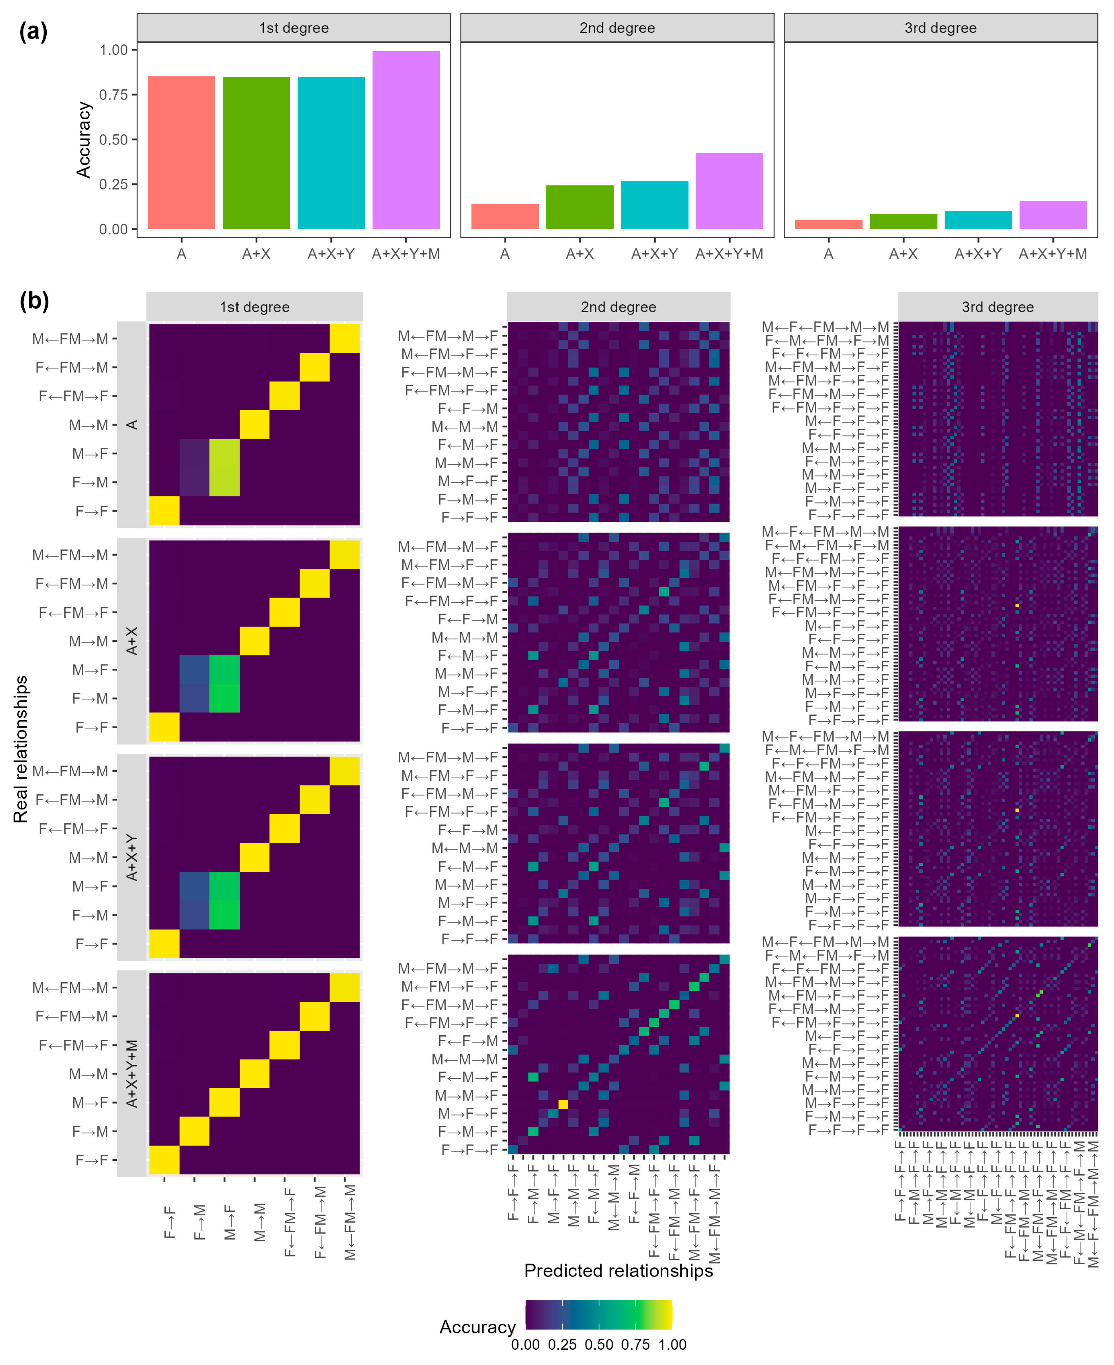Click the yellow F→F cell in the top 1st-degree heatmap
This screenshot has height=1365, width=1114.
[x=164, y=511]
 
